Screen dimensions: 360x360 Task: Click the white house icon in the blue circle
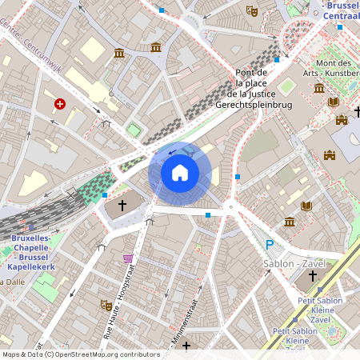(179, 173)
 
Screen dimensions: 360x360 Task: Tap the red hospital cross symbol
(60, 104)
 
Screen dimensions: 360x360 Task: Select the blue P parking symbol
(270, 246)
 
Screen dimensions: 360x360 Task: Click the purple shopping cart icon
(128, 258)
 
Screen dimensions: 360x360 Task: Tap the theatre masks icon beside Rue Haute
(106, 305)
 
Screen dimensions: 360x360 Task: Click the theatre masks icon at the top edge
(251, 11)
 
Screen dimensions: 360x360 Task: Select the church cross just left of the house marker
(122, 206)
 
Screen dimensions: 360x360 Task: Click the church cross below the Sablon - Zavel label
(313, 276)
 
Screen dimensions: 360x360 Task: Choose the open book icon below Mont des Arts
(334, 102)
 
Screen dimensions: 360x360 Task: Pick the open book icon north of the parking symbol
(305, 206)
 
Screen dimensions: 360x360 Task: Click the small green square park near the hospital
(134, 129)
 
